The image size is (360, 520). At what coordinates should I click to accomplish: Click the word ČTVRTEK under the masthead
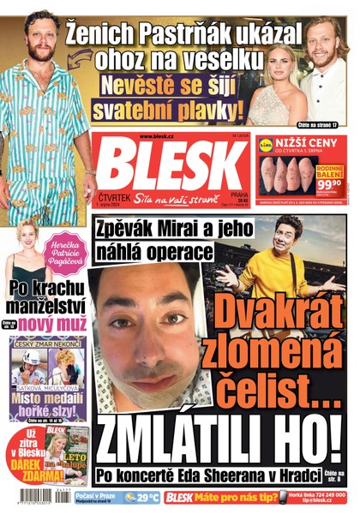[112, 194]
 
